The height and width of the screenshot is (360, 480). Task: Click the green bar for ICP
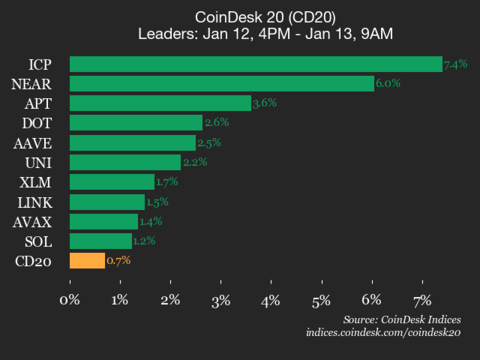click(x=255, y=64)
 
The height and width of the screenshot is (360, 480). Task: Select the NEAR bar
click(x=221, y=84)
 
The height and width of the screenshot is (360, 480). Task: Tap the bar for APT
click(x=160, y=103)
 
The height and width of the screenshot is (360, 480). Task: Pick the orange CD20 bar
click(x=86, y=261)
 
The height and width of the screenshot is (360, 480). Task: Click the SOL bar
click(x=100, y=241)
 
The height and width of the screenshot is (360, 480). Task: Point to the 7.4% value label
click(x=456, y=64)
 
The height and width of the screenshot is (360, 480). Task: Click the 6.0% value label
click(x=388, y=84)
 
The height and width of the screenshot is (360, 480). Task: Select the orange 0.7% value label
click(x=118, y=261)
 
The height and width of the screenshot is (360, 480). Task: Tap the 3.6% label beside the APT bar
click(x=266, y=103)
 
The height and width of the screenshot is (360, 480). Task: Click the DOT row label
click(x=37, y=123)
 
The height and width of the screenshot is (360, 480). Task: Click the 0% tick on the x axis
click(x=70, y=299)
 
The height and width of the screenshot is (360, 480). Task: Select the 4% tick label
click(x=271, y=299)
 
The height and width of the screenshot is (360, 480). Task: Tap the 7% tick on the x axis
click(x=422, y=299)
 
